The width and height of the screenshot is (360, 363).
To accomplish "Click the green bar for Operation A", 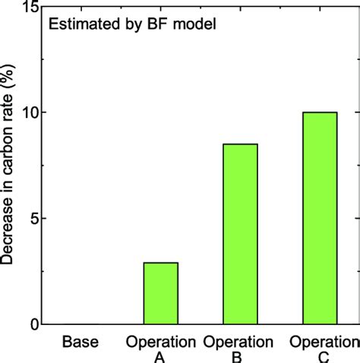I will coord(160,293).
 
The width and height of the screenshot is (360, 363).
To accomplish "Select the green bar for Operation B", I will coord(240,234).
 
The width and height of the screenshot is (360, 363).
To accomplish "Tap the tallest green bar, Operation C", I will coord(319,218).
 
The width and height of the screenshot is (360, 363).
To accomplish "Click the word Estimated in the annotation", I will coord(77,24).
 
